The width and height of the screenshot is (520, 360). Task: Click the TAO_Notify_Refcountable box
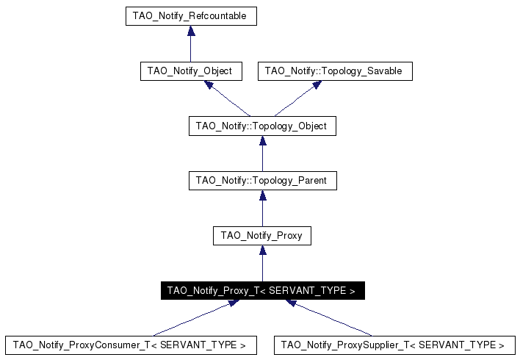click(x=190, y=15)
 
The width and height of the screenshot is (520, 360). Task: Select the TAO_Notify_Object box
click(x=190, y=71)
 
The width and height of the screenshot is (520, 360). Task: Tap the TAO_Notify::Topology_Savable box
click(x=335, y=71)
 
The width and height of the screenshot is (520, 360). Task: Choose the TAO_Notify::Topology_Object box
click(x=262, y=126)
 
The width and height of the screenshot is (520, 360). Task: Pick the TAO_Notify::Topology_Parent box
click(x=262, y=180)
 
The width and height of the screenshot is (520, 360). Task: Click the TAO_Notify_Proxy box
click(x=262, y=236)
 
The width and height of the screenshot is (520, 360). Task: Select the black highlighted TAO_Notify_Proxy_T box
click(x=262, y=291)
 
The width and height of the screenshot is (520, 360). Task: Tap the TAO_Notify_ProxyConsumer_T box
click(x=131, y=345)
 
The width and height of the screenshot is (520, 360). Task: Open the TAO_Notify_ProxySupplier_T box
click(x=394, y=345)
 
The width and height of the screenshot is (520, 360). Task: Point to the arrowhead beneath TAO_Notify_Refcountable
click(x=191, y=31)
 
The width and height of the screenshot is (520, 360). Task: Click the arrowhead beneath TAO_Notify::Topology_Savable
click(x=317, y=85)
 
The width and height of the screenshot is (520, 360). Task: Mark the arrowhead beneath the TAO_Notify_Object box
click(x=209, y=85)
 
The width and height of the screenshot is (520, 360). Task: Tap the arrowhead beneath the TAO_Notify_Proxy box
click(x=262, y=251)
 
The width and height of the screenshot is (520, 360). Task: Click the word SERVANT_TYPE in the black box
click(x=308, y=291)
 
